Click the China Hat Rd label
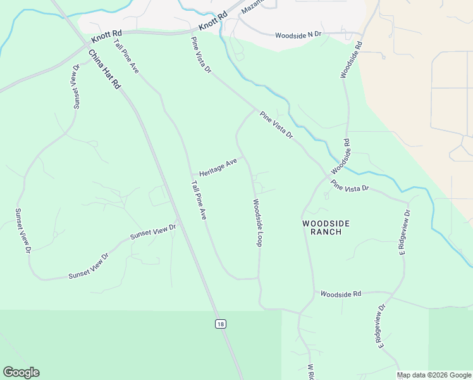point(104,69)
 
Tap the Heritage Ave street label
point(218,168)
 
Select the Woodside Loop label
point(257,223)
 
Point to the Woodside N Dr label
point(298,35)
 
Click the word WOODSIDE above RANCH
point(326,224)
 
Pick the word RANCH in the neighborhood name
point(326,232)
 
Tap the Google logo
point(21,372)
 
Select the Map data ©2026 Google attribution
point(434,375)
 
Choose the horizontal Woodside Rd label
point(340,294)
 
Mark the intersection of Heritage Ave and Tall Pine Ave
point(192,175)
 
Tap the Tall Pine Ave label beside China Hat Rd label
point(126,56)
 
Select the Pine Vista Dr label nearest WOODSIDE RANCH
point(349,186)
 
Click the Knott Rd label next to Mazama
point(212,23)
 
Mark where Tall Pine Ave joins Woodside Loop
point(258,278)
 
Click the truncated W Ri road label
point(311,372)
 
